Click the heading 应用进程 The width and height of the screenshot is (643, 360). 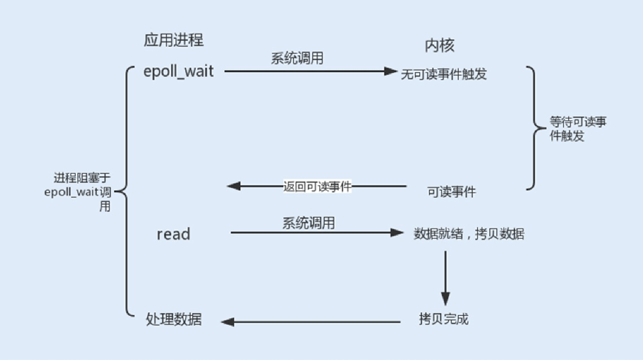click(173, 40)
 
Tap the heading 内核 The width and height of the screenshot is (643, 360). click(439, 46)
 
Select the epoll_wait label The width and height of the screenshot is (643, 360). click(178, 72)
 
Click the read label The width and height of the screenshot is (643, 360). click(173, 234)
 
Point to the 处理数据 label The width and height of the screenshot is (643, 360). click(173, 319)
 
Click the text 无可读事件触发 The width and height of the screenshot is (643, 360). click(444, 74)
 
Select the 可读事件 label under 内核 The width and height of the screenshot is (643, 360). click(451, 192)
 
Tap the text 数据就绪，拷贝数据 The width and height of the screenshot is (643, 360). click(469, 234)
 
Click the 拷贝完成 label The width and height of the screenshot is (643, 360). click(443, 319)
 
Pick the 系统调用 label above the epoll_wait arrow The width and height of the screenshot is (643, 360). click(297, 58)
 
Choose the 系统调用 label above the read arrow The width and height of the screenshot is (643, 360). click(308, 223)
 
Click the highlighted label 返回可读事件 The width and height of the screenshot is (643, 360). click(317, 186)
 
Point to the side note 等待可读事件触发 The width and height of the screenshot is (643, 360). click(577, 129)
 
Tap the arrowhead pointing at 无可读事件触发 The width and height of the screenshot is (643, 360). click(391, 71)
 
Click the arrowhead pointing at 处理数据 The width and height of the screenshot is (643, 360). click(227, 322)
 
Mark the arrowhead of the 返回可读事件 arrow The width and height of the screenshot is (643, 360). click(233, 186)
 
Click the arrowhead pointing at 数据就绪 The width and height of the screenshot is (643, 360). click(397, 233)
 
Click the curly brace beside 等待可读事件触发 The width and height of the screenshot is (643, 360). click(534, 128)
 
